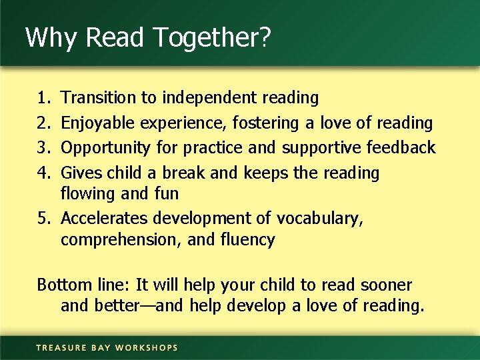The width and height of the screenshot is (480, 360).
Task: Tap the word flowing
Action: click(88, 195)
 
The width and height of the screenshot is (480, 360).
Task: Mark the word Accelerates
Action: click(105, 219)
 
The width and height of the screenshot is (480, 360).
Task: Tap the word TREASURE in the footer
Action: click(62, 347)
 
